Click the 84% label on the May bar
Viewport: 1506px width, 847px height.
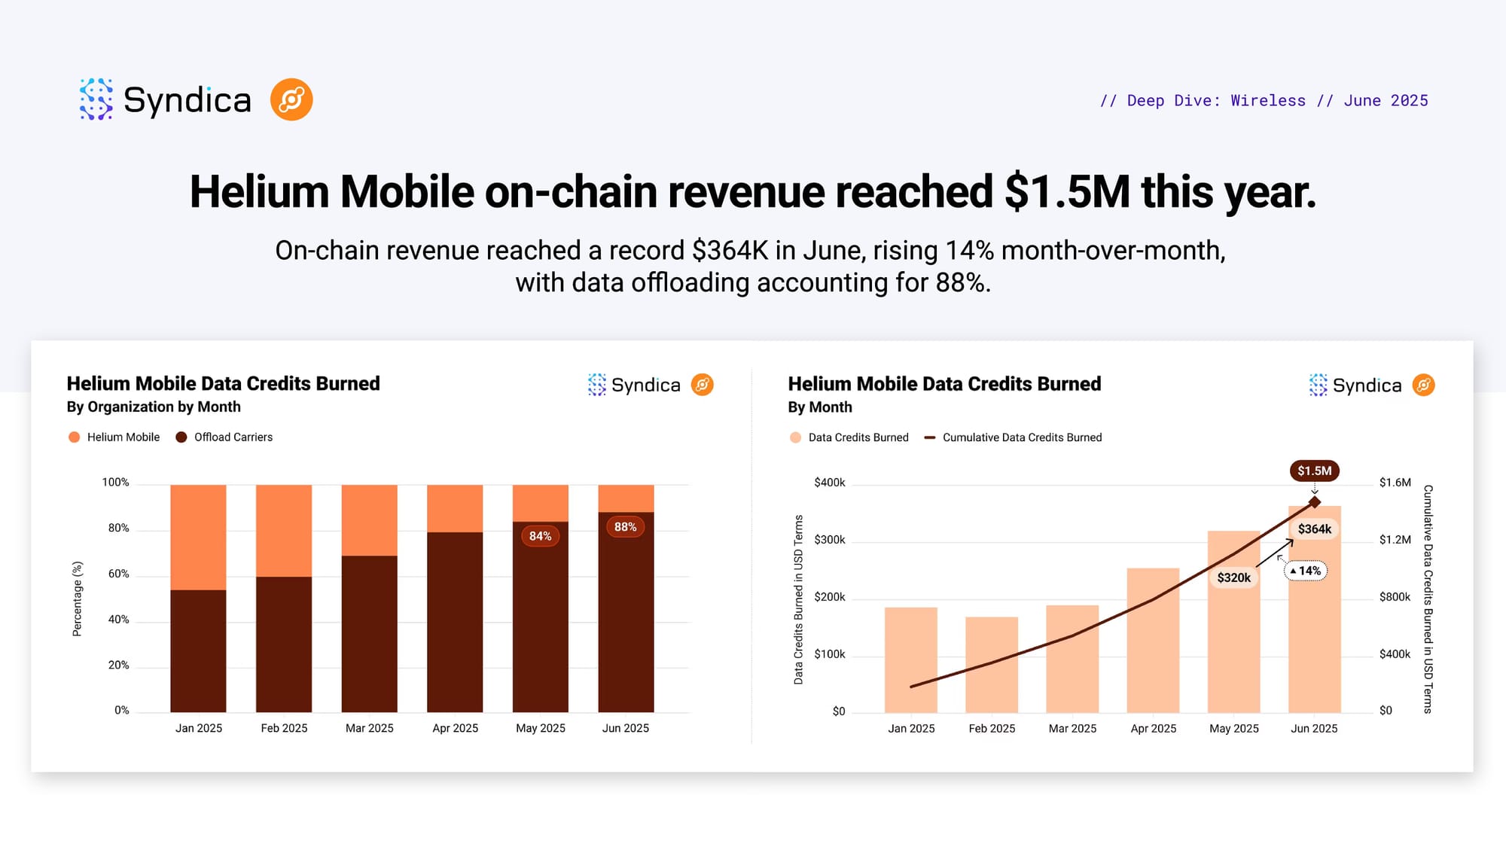click(x=540, y=536)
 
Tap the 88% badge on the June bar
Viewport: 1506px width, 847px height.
click(x=625, y=527)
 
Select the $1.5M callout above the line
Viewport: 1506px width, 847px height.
click(x=1314, y=471)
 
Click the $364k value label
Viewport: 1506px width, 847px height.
click(x=1314, y=529)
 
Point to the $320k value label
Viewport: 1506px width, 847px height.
click(x=1233, y=577)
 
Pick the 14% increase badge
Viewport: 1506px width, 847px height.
click(x=1306, y=571)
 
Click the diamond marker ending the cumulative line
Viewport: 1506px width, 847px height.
click(x=1315, y=502)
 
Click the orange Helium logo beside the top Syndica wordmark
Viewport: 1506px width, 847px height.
click(x=291, y=99)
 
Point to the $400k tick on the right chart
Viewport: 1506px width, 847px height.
click(x=829, y=483)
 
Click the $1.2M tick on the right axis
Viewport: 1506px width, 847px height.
click(x=1395, y=540)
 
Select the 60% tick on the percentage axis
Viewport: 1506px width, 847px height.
click(x=118, y=574)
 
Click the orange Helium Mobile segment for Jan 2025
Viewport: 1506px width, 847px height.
click(x=198, y=537)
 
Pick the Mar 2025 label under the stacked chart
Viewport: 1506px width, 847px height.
click(x=369, y=728)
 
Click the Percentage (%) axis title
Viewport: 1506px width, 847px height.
click(x=77, y=599)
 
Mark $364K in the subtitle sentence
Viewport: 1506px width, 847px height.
click(x=730, y=251)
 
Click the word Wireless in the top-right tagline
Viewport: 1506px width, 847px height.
click(x=1268, y=101)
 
